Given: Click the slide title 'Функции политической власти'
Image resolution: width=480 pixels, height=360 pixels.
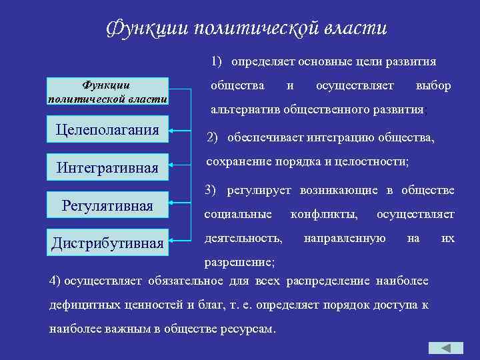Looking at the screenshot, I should click(x=247, y=29).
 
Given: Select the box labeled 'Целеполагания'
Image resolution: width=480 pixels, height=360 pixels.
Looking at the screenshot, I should click(x=107, y=129).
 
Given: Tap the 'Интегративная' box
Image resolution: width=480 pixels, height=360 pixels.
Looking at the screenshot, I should click(x=107, y=167).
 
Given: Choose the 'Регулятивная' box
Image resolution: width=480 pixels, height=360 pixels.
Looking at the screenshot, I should click(x=107, y=205).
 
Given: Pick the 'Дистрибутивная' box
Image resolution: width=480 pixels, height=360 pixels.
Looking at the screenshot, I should click(x=107, y=243).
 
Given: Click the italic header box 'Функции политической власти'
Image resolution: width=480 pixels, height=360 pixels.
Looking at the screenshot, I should click(x=107, y=92).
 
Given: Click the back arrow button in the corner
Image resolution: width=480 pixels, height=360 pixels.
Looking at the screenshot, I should click(x=445, y=348).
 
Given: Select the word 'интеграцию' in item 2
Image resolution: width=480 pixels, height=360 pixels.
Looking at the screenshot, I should click(x=336, y=138).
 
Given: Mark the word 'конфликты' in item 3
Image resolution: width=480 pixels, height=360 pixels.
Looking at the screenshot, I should click(x=323, y=215).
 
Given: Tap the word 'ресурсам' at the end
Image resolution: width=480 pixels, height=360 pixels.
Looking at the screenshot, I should click(x=245, y=329).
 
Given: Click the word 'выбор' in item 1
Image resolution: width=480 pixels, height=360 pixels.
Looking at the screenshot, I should click(x=433, y=86).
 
